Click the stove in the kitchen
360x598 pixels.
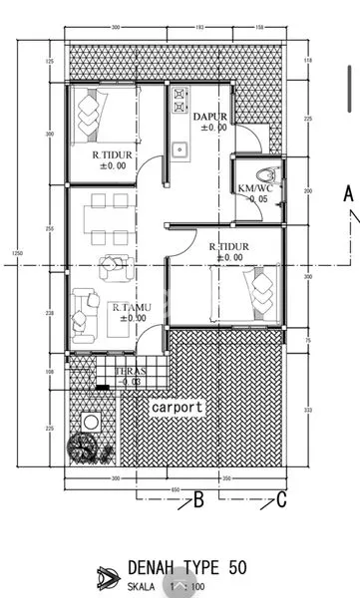[x=180, y=100]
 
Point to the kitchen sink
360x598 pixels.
[x=180, y=152]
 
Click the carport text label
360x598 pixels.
[x=178, y=407]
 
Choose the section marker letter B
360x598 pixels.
[x=197, y=500]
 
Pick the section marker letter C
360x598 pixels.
[x=282, y=500]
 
